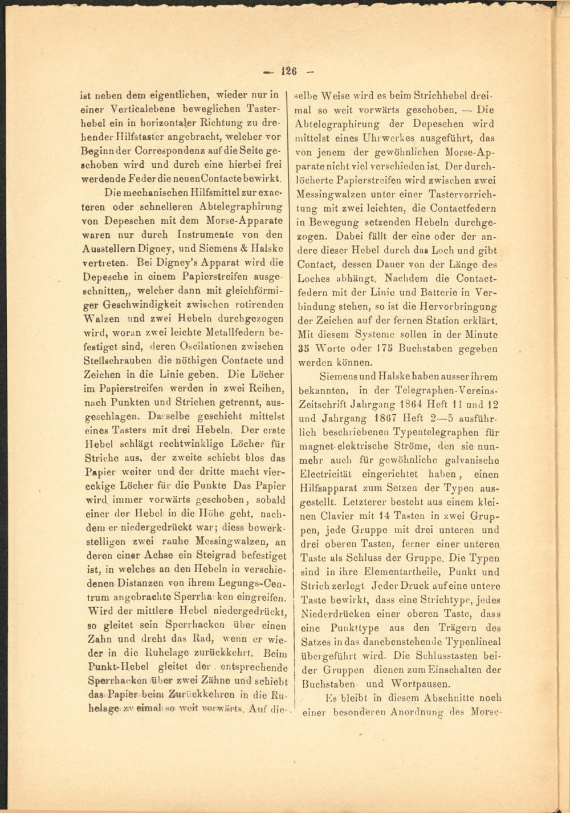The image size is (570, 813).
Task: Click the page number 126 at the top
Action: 289,71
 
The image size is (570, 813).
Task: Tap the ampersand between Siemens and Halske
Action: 247,249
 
